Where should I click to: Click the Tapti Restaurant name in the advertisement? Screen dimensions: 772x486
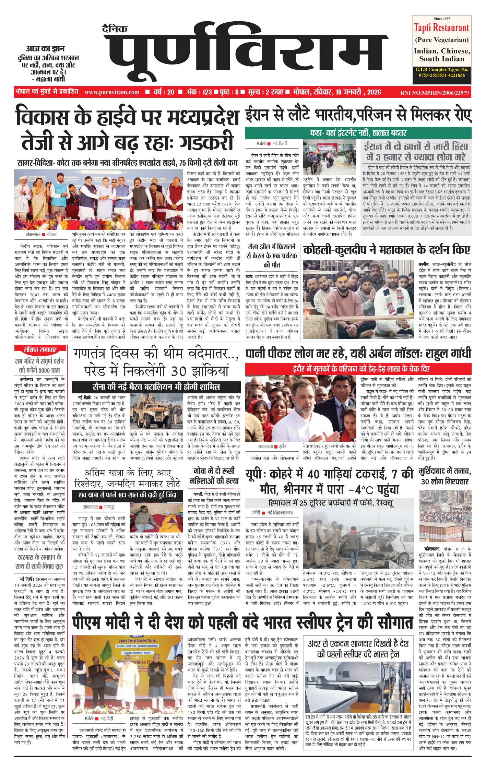pos(441,27)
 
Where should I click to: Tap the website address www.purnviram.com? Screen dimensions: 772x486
pos(112,92)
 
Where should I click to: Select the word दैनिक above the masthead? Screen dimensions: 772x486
pos(115,29)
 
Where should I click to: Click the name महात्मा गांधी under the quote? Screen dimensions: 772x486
pos(50,79)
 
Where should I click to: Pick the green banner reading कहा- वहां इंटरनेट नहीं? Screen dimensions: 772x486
pos(358,133)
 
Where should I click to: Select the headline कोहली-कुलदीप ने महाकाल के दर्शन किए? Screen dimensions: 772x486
pos(387,250)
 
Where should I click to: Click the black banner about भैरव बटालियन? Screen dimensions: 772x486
pos(156,387)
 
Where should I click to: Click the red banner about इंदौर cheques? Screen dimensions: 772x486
pos(358,369)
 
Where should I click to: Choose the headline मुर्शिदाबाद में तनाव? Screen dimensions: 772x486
pos(445,476)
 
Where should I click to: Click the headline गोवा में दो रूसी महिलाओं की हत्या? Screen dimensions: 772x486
pos(214,476)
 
